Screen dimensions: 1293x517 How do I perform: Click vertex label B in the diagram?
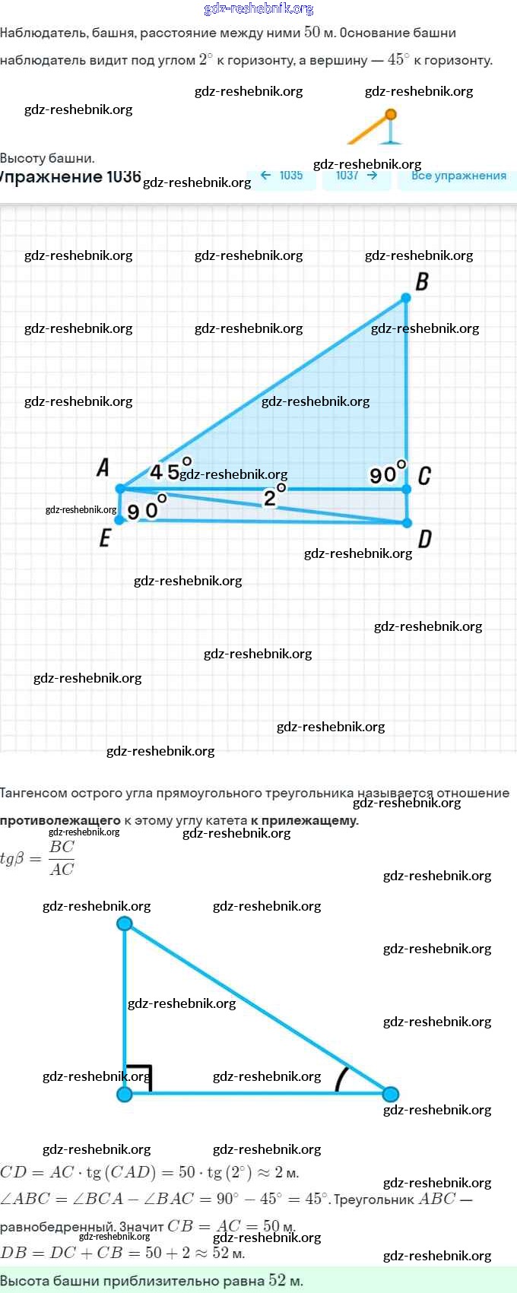tap(422, 281)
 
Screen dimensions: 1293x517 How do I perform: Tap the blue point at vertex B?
tap(406, 299)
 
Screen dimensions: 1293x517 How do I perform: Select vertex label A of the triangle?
tap(103, 467)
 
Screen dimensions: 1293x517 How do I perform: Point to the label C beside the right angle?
tap(424, 476)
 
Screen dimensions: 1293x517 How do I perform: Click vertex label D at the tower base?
tap(424, 539)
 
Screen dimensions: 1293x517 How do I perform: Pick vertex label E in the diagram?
tap(105, 538)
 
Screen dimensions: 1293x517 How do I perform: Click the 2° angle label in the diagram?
tap(274, 496)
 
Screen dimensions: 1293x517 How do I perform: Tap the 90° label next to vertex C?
tap(387, 473)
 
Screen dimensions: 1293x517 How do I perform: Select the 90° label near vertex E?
tap(147, 509)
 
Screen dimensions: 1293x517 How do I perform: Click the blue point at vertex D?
tap(407, 523)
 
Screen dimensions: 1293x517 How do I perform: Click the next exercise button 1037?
tap(356, 176)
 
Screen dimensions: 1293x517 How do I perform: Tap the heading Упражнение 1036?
tap(70, 177)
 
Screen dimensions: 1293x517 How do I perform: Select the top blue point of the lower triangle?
tap(125, 924)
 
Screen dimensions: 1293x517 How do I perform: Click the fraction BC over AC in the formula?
tap(62, 858)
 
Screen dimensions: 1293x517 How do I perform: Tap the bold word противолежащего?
tap(60, 820)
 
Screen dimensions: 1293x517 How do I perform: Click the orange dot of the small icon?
tap(391, 115)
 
